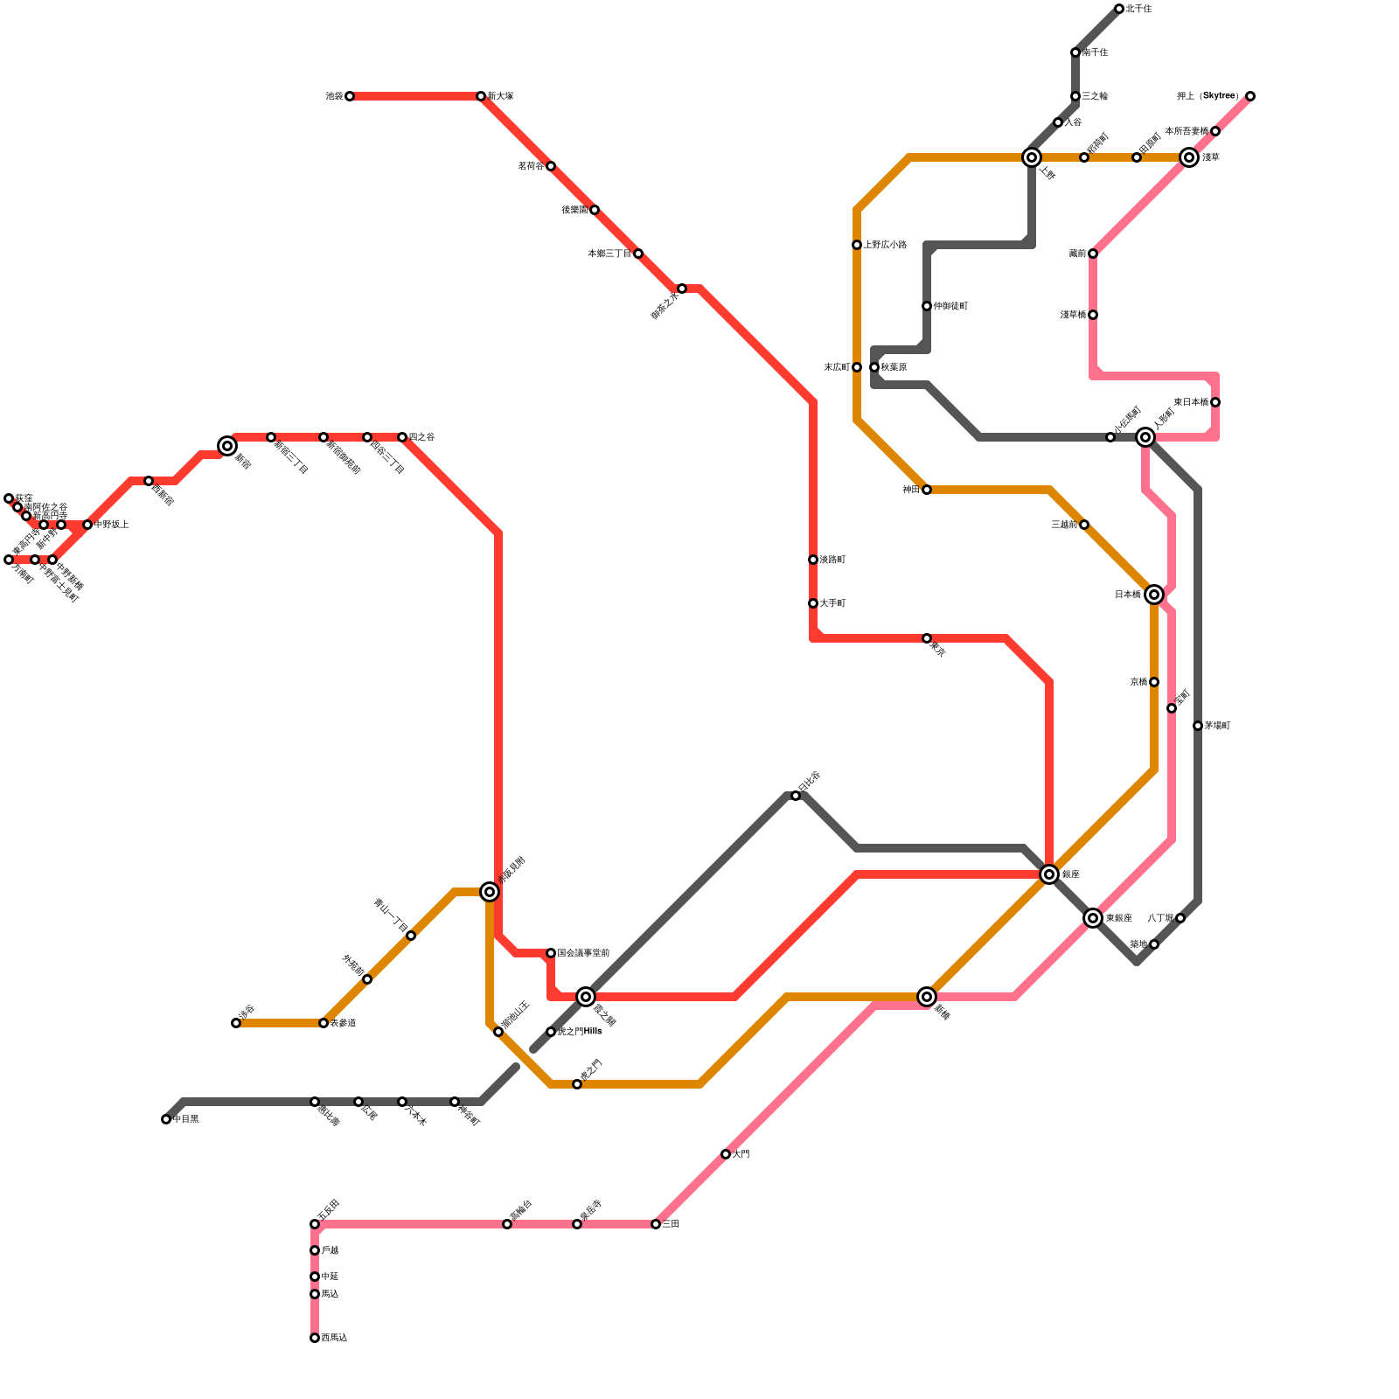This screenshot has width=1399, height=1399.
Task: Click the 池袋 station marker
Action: point(350,96)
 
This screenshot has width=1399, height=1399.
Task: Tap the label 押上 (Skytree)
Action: point(1208,96)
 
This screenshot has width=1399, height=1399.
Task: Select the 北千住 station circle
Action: point(1119,9)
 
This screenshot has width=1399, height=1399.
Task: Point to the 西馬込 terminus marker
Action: point(315,1338)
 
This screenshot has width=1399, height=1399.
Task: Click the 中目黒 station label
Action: point(186,1120)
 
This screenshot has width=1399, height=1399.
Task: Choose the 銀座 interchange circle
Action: point(1049,874)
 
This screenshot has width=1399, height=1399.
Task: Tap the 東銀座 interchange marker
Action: point(1093,918)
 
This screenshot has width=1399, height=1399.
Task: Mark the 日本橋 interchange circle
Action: point(1154,595)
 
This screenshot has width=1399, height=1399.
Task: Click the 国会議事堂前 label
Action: point(583,953)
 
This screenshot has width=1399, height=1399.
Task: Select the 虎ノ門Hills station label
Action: point(579,1032)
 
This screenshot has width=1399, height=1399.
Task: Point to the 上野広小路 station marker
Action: point(857,245)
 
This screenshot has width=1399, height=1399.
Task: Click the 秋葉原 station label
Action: point(894,367)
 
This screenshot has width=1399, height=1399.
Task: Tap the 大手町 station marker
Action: point(813,603)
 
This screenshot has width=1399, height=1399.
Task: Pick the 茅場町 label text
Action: point(1217,726)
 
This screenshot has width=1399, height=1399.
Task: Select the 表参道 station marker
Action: point(324,1023)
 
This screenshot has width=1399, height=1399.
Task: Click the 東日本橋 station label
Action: point(1191,402)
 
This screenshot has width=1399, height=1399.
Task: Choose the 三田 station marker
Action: point(656,1224)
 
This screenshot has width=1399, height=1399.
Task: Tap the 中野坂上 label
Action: point(112,525)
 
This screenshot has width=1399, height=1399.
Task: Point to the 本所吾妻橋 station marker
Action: point(1215,131)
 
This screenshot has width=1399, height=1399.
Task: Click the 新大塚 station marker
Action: point(481,96)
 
